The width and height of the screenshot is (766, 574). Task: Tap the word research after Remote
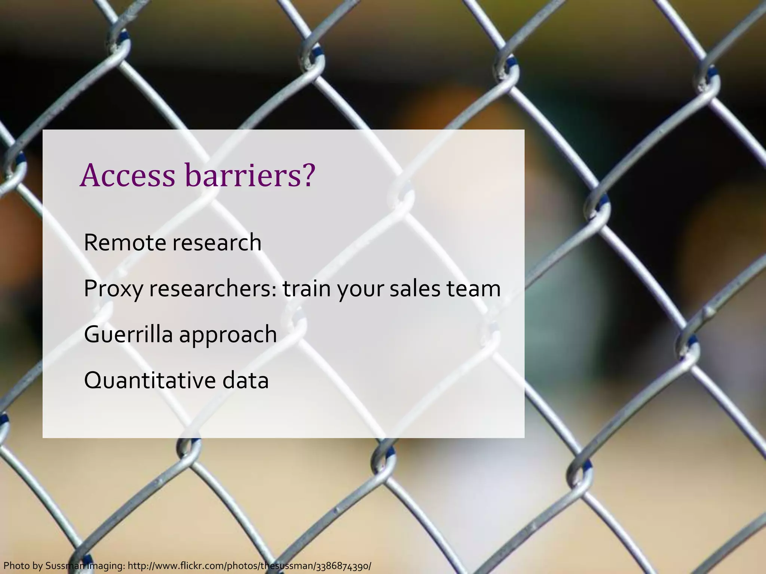click(217, 243)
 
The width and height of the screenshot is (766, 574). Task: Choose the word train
click(307, 289)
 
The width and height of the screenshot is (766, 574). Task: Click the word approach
click(228, 335)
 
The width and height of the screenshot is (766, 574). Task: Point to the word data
click(245, 380)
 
